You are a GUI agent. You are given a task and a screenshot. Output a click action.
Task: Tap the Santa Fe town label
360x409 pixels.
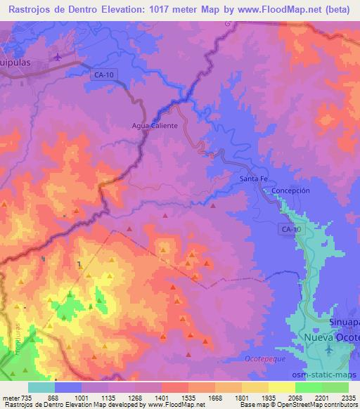tap(254, 179)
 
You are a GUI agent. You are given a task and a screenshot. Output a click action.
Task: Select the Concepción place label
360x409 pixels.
tap(290, 190)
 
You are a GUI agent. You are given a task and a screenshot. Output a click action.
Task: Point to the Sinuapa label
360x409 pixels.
tap(344, 321)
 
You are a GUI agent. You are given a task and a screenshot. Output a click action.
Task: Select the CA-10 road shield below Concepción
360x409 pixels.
tap(291, 229)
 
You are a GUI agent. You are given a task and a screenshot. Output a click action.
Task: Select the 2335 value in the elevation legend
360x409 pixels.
tap(347, 397)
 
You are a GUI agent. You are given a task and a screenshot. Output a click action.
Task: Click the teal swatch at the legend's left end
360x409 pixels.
tap(41, 387)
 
